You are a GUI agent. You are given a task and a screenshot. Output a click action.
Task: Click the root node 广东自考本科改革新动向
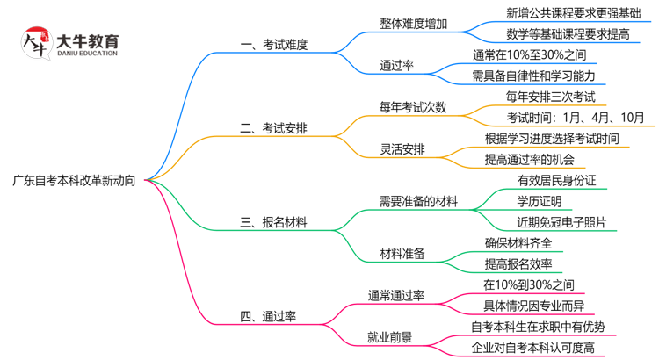coord(74,180)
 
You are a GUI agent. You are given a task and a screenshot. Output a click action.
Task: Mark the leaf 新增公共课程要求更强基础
coord(578,13)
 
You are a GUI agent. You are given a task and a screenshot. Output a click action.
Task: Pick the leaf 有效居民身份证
coord(557,180)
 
